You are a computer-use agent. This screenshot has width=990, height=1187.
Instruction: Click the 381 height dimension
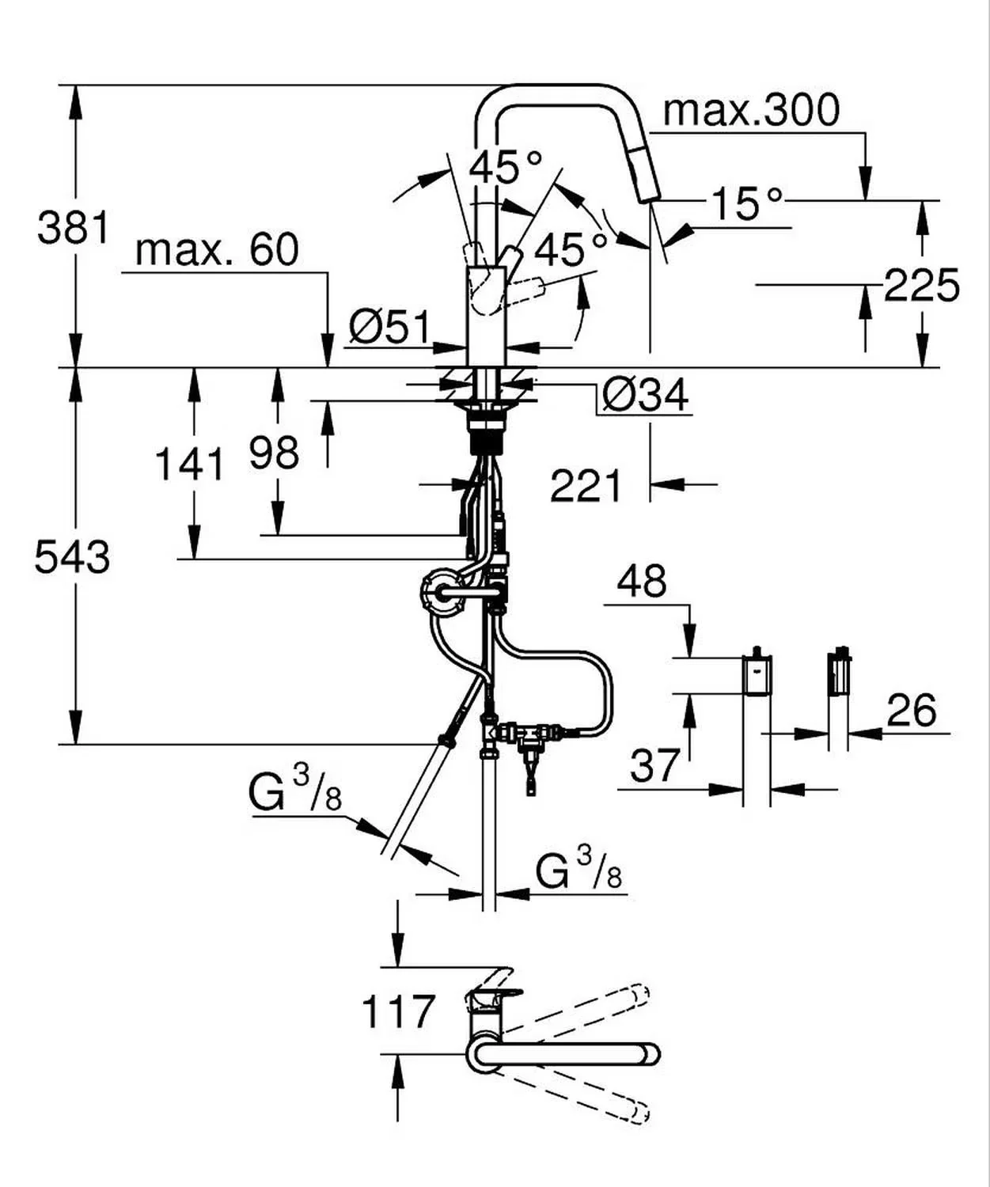click(74, 227)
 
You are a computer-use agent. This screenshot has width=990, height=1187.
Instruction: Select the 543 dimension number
click(72, 556)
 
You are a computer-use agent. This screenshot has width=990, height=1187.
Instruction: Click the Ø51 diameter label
click(390, 328)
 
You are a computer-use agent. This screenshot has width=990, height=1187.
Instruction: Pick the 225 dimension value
click(922, 285)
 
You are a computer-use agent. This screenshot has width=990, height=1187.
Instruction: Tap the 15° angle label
click(746, 203)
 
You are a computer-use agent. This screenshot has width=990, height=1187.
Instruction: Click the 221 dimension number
click(586, 485)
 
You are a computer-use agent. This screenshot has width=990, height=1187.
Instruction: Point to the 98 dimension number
click(274, 453)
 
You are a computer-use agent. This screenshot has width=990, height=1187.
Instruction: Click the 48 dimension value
click(642, 581)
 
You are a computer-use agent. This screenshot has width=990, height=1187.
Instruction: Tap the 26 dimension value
click(911, 710)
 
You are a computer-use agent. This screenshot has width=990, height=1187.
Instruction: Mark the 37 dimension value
click(655, 765)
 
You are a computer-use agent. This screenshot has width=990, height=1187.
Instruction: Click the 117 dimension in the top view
click(398, 1011)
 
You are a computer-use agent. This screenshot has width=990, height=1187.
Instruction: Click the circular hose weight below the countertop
click(442, 593)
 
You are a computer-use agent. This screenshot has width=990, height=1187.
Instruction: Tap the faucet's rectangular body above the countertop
click(486, 316)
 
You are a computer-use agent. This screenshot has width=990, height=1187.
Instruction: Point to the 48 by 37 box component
click(757, 675)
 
